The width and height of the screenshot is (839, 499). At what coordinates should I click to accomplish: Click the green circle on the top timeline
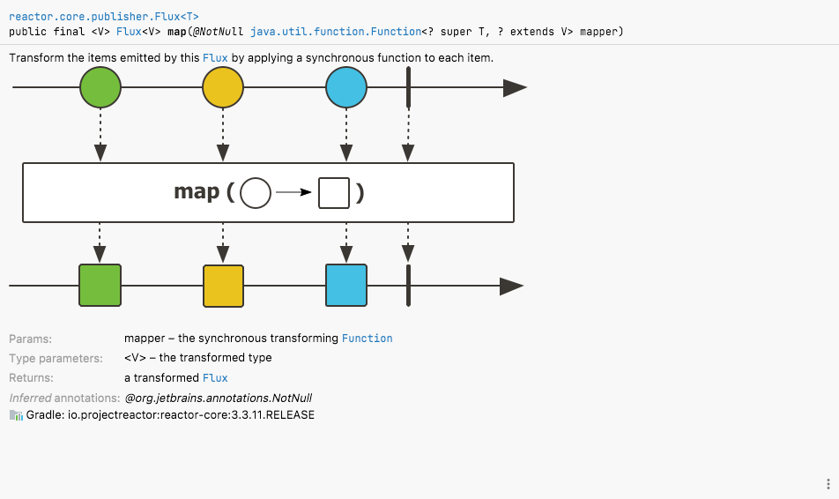click(x=100, y=87)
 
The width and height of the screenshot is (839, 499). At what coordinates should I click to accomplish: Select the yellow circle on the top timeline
click(x=223, y=87)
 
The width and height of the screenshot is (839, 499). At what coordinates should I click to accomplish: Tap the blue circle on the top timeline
click(x=346, y=87)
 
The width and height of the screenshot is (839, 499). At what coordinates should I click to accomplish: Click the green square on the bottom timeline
click(x=100, y=286)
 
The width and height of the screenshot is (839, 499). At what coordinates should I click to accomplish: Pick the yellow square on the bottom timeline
click(x=223, y=286)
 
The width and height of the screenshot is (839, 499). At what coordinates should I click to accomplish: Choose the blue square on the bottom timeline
click(x=346, y=286)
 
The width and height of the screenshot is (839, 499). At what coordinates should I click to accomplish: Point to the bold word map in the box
click(x=197, y=191)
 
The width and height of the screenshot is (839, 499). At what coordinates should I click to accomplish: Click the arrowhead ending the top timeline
click(x=516, y=88)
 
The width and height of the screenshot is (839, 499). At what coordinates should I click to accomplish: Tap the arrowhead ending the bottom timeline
click(x=511, y=286)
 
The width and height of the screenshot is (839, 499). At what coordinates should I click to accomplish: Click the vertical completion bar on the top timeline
click(x=408, y=87)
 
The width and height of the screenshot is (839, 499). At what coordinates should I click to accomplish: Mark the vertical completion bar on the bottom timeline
click(x=408, y=286)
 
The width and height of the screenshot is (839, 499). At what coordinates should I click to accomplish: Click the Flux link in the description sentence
click(x=215, y=58)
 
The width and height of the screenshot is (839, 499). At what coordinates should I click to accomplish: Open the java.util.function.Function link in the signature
click(x=336, y=32)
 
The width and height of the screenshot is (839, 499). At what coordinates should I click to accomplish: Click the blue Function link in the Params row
click(x=367, y=339)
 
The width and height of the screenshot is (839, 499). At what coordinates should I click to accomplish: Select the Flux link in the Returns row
click(x=215, y=378)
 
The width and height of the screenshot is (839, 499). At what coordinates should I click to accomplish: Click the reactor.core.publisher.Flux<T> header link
click(x=104, y=17)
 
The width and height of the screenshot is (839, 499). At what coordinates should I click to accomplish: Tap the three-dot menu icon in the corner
click(x=828, y=483)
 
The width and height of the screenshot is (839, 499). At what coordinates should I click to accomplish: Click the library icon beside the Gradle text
click(x=16, y=415)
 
